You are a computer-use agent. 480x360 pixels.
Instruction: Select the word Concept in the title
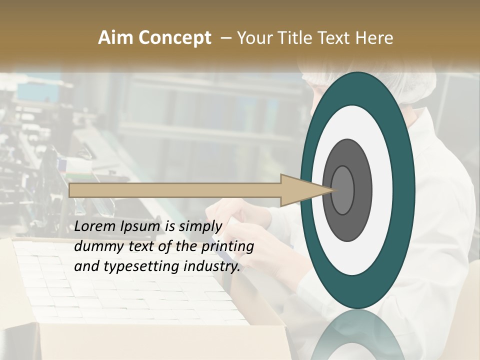coord(173,38)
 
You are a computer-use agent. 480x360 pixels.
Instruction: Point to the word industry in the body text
coord(212,267)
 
